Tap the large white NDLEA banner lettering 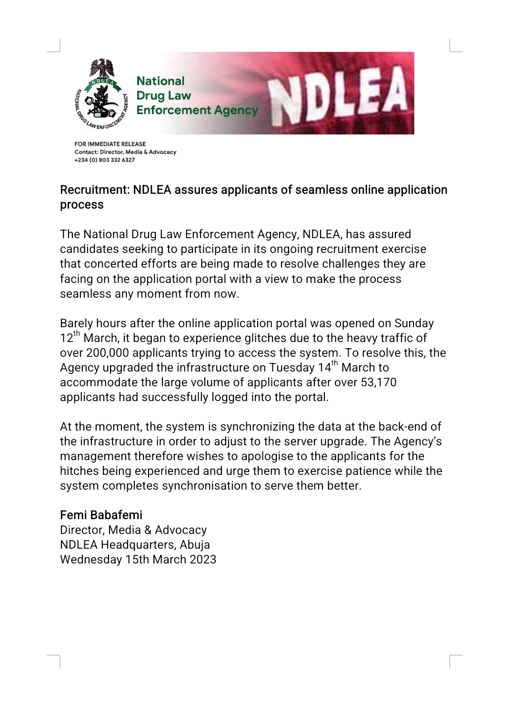[x=337, y=95]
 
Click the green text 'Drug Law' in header [x=163, y=96]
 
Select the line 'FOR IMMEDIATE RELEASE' [x=110, y=144]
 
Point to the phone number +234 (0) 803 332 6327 [x=104, y=160]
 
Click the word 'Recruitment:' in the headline [x=95, y=190]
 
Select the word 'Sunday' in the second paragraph [x=414, y=323]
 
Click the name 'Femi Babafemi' [x=101, y=515]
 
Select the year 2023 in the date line [x=203, y=560]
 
